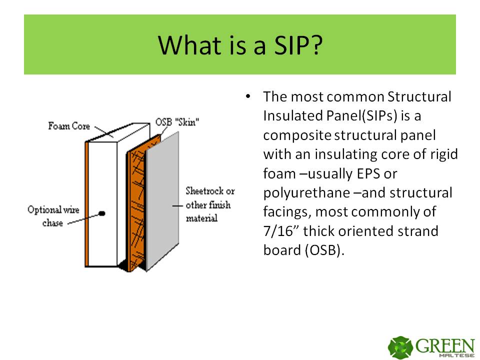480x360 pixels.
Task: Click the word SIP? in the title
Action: pyautogui.click(x=298, y=45)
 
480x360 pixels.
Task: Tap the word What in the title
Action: pyautogui.click(x=189, y=45)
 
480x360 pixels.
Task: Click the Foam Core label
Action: pyautogui.click(x=69, y=126)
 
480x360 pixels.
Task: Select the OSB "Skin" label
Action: pyautogui.click(x=177, y=122)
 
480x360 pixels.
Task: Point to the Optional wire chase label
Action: pyautogui.click(x=53, y=216)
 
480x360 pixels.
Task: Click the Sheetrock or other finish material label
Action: pyautogui.click(x=210, y=204)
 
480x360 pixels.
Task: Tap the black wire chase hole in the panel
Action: pyautogui.click(x=102, y=213)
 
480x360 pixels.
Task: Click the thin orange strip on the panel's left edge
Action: pyautogui.click(x=87, y=204)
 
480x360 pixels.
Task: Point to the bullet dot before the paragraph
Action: pyautogui.click(x=248, y=96)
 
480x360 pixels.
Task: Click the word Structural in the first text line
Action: pyautogui.click(x=419, y=96)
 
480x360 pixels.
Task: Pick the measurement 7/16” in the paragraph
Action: pyautogui.click(x=281, y=231)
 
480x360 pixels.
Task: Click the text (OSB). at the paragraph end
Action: pyautogui.click(x=324, y=250)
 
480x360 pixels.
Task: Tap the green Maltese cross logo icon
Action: pyautogui.click(x=400, y=347)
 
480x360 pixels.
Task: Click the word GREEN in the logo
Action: pyautogui.click(x=445, y=346)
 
